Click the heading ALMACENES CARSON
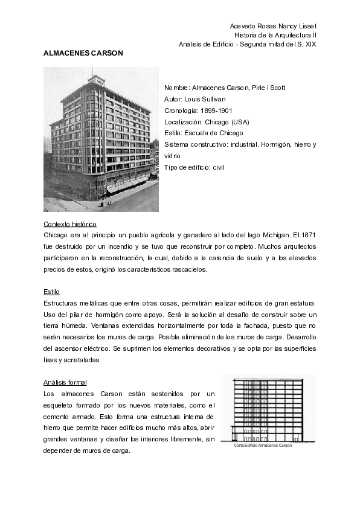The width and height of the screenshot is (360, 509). click(83, 53)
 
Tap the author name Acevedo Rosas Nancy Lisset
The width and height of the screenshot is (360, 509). click(274, 27)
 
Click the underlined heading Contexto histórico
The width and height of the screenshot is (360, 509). click(70, 224)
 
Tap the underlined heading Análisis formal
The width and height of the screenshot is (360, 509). click(65, 382)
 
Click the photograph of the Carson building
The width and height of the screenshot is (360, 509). click(101, 139)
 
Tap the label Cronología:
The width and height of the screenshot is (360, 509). click(182, 110)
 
